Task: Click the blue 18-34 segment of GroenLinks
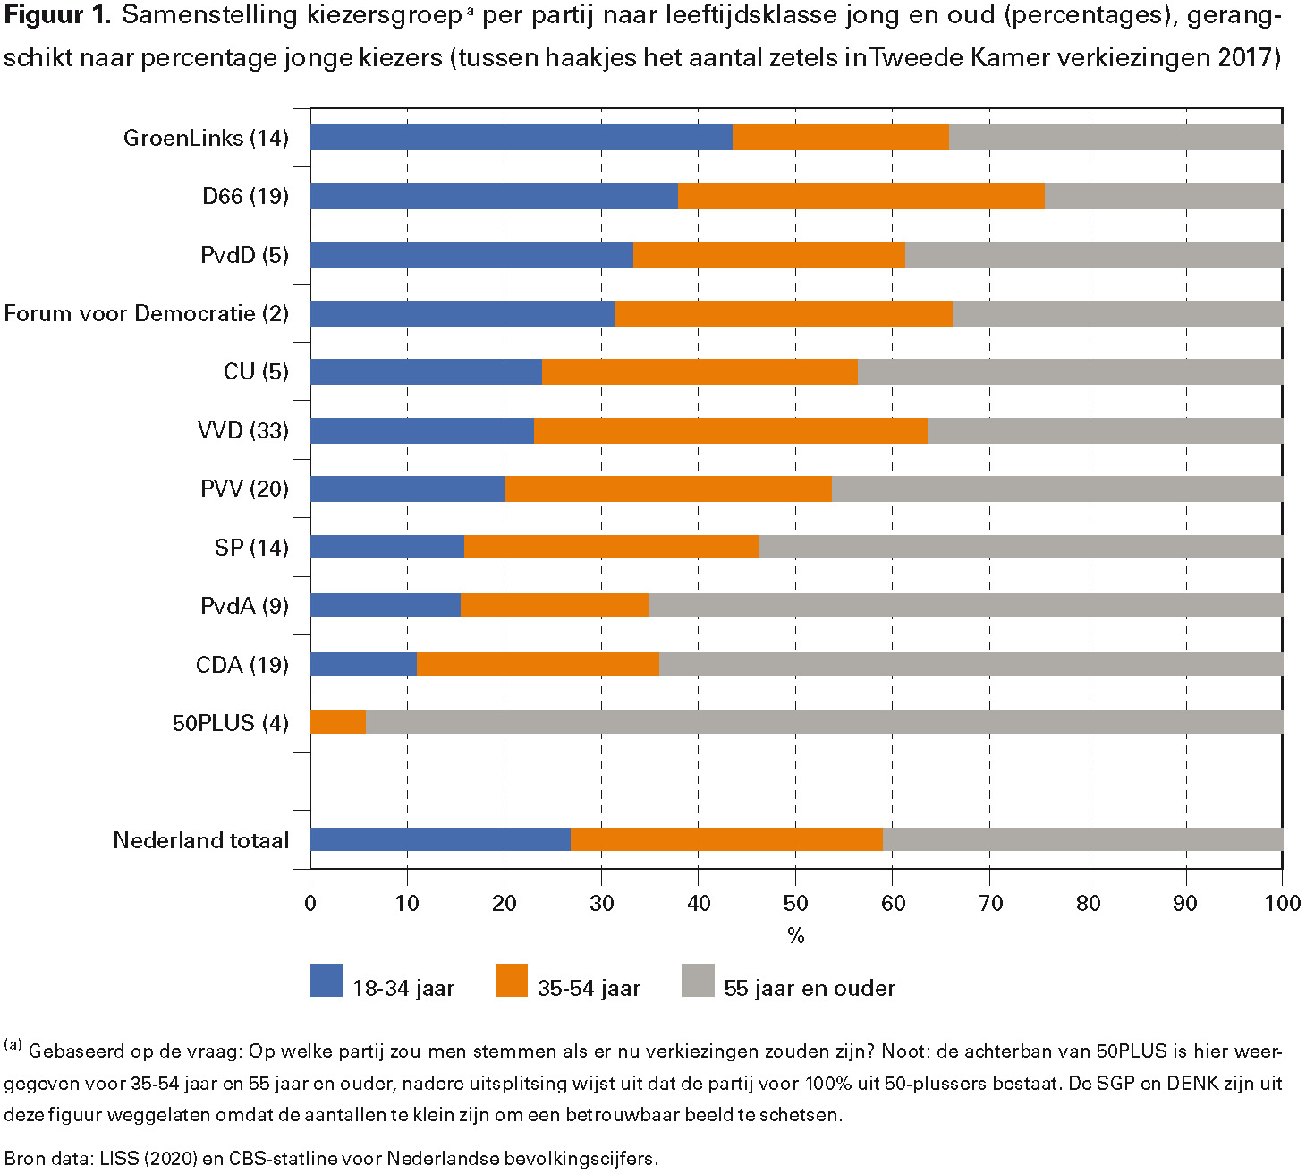521,138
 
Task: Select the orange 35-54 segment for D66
861,196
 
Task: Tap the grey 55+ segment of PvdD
1093,255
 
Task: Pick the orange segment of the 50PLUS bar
338,722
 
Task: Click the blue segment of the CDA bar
363,664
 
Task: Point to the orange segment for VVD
730,430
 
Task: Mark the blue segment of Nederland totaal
440,839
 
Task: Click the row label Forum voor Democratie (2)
147,314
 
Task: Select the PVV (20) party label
244,489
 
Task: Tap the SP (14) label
251,548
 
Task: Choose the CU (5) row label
256,372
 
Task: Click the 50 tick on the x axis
795,903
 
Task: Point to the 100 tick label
1282,903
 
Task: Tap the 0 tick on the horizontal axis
310,903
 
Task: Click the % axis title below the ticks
795,936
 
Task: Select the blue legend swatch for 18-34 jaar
326,981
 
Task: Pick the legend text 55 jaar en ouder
809,988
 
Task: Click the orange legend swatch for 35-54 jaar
511,981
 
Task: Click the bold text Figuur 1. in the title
56,15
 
